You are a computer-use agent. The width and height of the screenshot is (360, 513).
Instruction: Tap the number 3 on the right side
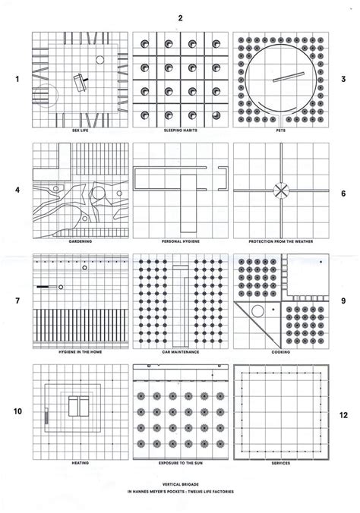343,79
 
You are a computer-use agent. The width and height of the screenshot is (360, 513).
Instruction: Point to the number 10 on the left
15,414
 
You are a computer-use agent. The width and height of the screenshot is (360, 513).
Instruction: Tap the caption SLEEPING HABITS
179,131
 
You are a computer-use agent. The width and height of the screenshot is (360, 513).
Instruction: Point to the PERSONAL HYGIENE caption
179,242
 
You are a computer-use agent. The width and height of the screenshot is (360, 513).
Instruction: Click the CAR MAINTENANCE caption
179,353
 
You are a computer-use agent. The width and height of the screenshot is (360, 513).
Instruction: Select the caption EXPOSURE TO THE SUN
179,462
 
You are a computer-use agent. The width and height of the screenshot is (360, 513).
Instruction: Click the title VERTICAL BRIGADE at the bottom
179,483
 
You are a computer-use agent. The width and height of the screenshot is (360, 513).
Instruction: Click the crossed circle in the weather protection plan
281,190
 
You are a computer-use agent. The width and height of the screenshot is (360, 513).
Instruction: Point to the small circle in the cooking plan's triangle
257,310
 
